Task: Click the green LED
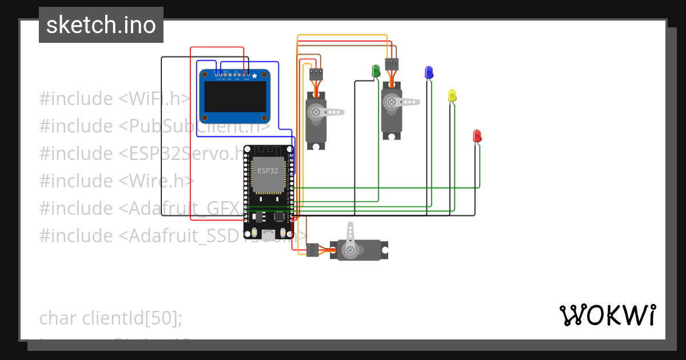[376, 71]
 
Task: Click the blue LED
[429, 72]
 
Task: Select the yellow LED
[452, 95]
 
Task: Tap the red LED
[477, 136]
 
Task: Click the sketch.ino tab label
[101, 25]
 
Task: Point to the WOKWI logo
[607, 315]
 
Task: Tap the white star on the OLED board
[254, 75]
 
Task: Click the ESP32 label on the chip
[268, 171]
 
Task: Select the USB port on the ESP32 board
[268, 233]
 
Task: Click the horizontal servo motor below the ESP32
[360, 250]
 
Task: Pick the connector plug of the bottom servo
[313, 250]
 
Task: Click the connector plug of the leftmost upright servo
[316, 74]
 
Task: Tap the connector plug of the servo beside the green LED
[392, 64]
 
